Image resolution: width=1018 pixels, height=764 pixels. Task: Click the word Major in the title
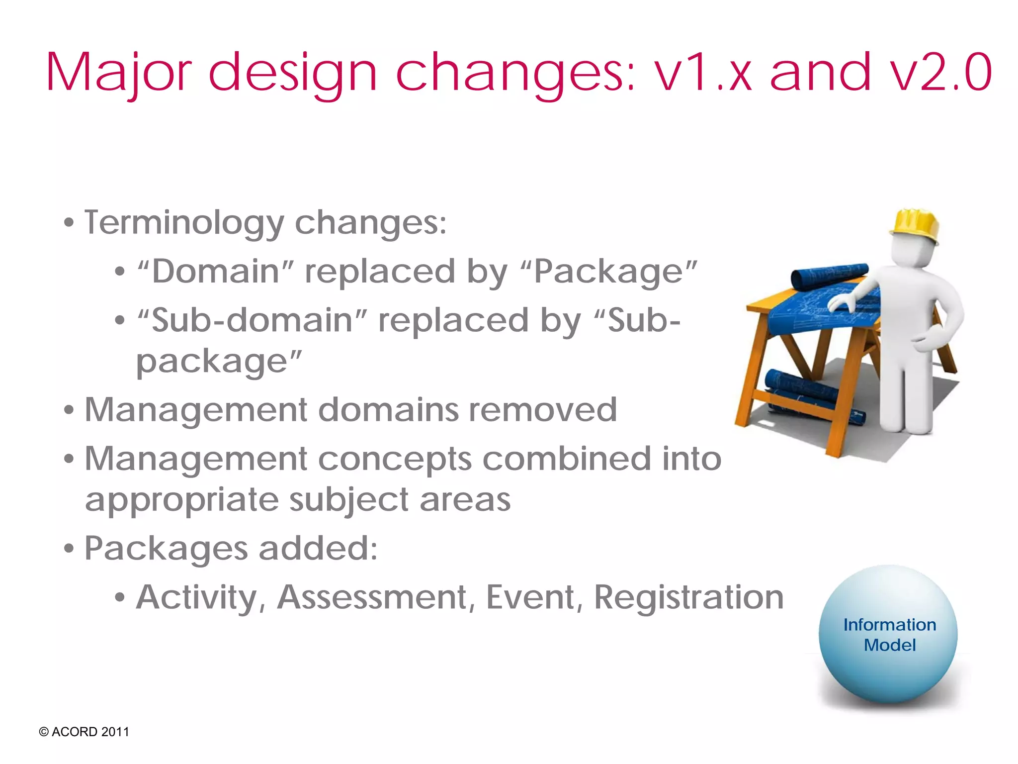tap(118, 74)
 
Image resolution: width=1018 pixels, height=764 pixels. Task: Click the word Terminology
tap(184, 223)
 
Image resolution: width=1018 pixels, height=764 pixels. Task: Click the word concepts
tap(395, 459)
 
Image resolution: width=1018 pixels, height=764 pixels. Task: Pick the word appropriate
tap(181, 500)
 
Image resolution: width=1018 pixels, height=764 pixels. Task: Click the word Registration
tap(688, 597)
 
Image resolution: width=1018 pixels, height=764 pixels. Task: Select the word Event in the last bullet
tap(530, 597)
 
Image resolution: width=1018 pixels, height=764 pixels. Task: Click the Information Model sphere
tap(888, 635)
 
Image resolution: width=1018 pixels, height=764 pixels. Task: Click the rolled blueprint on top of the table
tap(828, 276)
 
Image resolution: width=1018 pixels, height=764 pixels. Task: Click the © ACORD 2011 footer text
tap(84, 732)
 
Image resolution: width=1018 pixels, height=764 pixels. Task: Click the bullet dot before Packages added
tap(69, 550)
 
